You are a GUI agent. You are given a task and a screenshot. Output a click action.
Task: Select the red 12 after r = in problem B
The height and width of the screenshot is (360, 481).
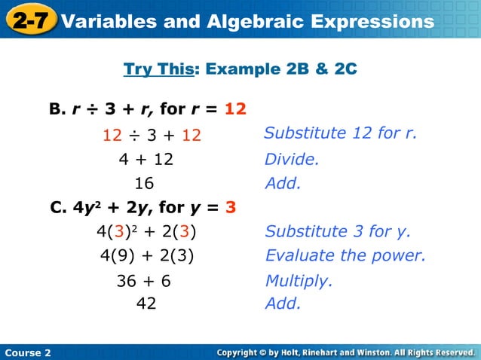[235, 108]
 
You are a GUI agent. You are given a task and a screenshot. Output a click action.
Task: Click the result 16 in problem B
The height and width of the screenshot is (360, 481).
[144, 183]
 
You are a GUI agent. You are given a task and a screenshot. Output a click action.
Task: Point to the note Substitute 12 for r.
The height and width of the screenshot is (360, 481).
[341, 133]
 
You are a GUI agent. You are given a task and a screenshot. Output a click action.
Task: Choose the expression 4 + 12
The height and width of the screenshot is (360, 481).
[146, 160]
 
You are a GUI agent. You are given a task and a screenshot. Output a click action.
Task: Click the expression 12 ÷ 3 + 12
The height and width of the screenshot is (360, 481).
[152, 136]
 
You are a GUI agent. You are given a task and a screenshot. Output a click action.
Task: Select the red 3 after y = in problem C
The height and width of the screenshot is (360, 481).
[231, 207]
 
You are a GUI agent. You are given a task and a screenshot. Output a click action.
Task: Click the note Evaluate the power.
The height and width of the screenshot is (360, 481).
[345, 255]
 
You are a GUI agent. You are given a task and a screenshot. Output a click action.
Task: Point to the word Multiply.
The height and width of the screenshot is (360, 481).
[299, 281]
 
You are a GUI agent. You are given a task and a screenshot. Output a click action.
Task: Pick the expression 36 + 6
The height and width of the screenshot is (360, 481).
[143, 281]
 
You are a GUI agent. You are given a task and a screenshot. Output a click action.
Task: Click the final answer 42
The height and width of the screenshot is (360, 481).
[144, 304]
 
